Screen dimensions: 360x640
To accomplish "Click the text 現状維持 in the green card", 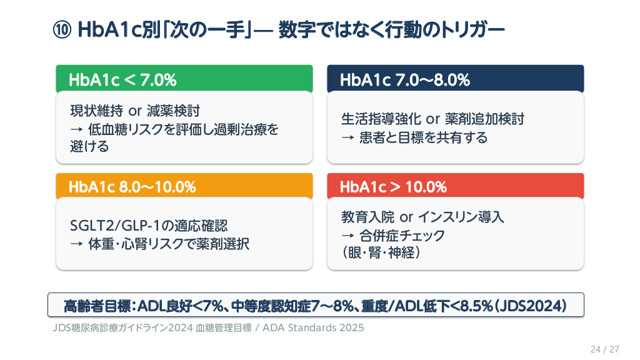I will pyautogui.click(x=96, y=112).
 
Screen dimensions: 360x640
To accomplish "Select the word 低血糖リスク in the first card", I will pyautogui.click(x=126, y=130).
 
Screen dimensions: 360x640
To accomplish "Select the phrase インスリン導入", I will pyautogui.click(x=459, y=217).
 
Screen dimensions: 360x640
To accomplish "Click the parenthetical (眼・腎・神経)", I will pyautogui.click(x=380, y=253).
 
